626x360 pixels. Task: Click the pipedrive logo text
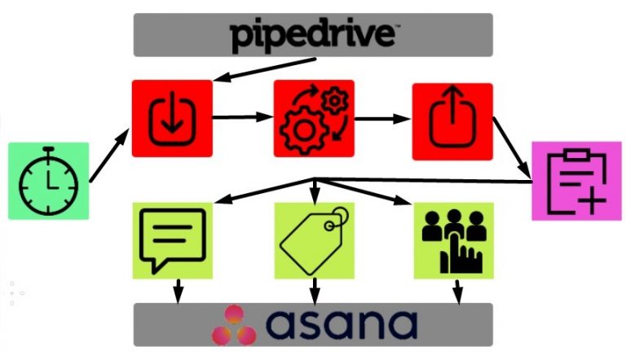point(313,35)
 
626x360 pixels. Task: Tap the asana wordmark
point(342,324)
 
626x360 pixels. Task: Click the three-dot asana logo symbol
point(233,325)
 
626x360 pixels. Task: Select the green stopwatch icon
point(47,181)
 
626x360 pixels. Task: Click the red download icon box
point(172,119)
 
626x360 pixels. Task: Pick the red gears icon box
point(314,119)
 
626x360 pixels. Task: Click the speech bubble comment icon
point(172,240)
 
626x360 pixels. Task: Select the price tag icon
point(314,240)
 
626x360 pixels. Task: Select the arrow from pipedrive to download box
point(261,70)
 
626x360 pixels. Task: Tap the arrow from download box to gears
point(243,117)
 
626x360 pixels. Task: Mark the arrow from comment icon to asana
point(178,290)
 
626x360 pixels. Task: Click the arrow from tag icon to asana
point(314,290)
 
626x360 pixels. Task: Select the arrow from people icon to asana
point(457,290)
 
